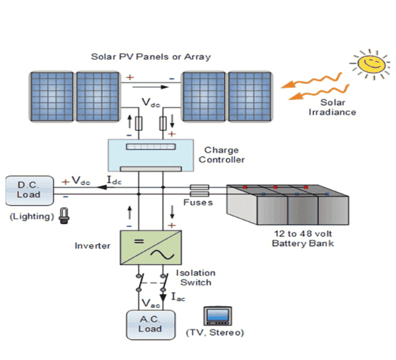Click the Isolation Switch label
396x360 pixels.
point(194,277)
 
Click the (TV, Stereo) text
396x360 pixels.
point(215,333)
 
